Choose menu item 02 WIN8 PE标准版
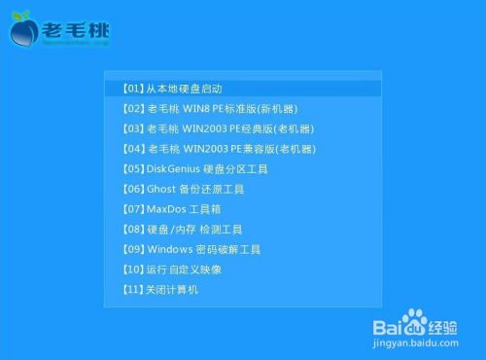[210, 108]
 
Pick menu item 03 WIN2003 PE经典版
[218, 128]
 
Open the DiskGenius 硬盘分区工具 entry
[194, 168]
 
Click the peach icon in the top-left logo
[23, 30]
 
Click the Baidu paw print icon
[417, 318]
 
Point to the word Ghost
[160, 189]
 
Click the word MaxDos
[163, 208]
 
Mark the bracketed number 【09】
[134, 249]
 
